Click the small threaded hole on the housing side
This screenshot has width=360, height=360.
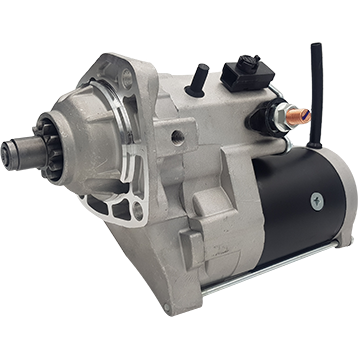(x=177, y=136)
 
